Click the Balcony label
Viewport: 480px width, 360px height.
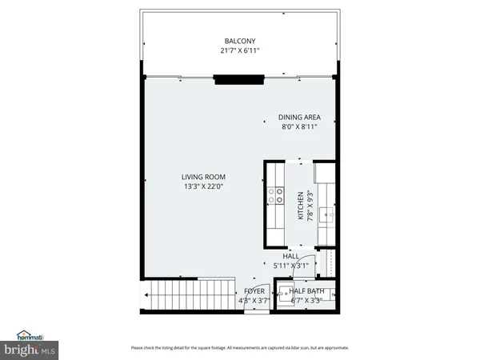coord(239,42)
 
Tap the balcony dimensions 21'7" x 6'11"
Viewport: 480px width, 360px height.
coord(239,51)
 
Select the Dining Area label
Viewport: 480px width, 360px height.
coord(299,117)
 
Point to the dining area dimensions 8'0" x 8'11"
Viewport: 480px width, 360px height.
coord(299,126)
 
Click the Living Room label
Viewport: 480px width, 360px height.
coord(203,177)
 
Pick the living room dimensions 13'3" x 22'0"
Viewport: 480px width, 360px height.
coord(203,186)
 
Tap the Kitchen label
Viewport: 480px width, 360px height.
coord(301,205)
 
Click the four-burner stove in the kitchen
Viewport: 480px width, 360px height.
coord(277,192)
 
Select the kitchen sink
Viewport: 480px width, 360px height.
coord(326,214)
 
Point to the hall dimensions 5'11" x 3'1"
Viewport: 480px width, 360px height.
coord(279,266)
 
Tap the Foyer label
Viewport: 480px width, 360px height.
coord(254,291)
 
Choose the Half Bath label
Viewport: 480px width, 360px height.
coord(306,291)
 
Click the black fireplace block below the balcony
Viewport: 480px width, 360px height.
coord(238,78)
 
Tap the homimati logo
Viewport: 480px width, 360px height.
coord(30,335)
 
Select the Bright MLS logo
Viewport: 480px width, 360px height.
coord(30,350)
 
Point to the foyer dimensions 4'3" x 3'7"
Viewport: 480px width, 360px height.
coord(254,301)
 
